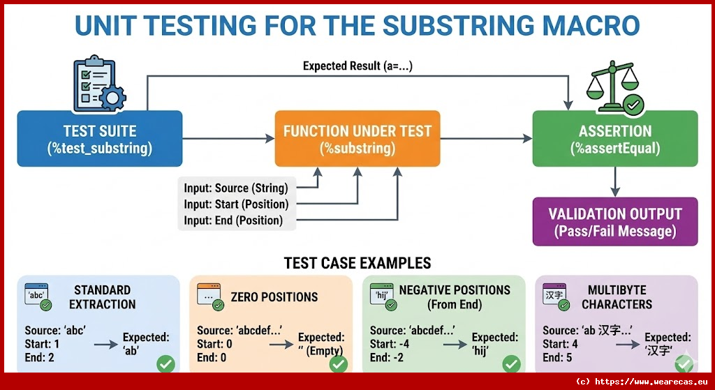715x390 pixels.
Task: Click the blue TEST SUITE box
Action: (99, 138)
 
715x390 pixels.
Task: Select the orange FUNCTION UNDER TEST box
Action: (357, 138)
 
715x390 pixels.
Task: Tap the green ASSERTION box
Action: (614, 138)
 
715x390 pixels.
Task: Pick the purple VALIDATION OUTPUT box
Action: (614, 222)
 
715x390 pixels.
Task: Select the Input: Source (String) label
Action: (235, 188)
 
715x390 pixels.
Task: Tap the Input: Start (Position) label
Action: (236, 204)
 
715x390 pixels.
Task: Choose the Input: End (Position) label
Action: (233, 220)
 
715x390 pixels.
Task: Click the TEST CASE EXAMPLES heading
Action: (357, 263)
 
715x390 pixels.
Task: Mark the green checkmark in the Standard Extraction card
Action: (165, 363)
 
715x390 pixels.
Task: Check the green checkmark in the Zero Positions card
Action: (339, 363)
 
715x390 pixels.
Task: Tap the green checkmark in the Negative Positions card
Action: (512, 363)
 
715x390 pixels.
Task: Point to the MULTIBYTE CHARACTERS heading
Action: (617, 297)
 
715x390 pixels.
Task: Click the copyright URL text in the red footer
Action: (643, 382)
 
